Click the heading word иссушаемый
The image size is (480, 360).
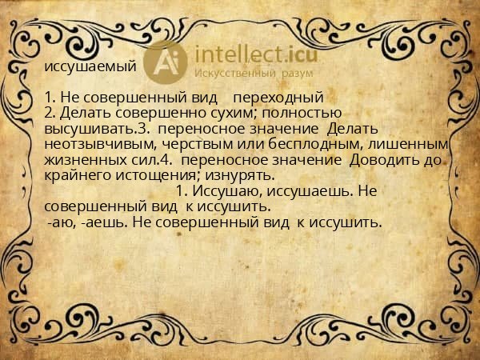(90, 66)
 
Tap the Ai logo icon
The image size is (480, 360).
(170, 61)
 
